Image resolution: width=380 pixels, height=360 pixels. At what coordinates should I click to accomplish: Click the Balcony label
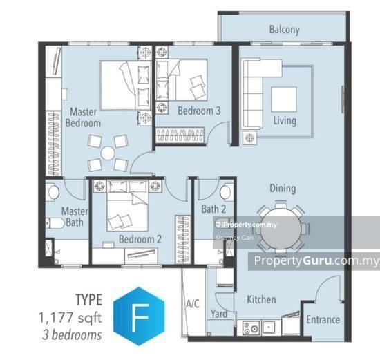[284, 30]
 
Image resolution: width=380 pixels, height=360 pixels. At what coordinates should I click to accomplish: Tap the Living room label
[284, 121]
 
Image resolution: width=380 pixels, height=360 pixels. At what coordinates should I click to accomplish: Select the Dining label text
[282, 188]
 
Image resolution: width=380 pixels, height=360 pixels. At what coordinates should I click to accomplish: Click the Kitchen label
[261, 299]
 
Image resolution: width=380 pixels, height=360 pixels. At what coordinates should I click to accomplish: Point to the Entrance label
[323, 319]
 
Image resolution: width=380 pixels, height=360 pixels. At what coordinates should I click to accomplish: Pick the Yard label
[219, 314]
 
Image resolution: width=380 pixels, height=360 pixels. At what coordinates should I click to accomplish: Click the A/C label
[193, 303]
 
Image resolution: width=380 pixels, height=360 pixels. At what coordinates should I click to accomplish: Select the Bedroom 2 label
[140, 239]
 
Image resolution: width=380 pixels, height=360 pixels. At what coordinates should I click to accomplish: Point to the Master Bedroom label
[84, 117]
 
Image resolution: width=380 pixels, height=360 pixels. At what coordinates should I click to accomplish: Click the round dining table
[280, 227]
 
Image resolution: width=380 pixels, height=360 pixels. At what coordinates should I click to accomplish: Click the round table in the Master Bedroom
[108, 153]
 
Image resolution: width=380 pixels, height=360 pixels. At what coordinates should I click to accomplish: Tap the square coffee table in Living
[283, 100]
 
